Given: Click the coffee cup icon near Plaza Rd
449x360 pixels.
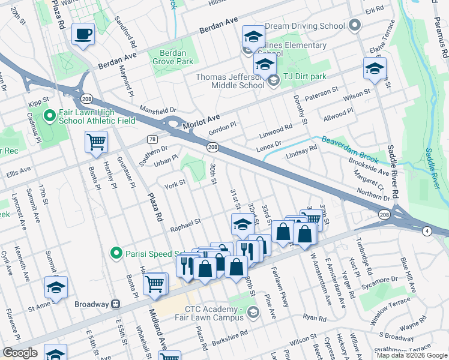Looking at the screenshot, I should click(x=83, y=34).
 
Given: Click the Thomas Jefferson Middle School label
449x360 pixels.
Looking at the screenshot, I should click(x=230, y=81).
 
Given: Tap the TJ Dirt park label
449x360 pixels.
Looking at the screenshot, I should click(x=304, y=77).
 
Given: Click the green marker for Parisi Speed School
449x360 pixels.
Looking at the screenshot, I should click(x=118, y=253).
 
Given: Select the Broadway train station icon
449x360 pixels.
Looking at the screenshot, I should click(x=116, y=304).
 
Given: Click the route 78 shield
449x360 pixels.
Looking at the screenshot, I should click(x=152, y=139).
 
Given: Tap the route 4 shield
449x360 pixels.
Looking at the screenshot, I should click(x=426, y=230).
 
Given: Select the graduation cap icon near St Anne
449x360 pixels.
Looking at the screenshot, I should click(x=56, y=288).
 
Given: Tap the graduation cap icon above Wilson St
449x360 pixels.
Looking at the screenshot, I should click(x=375, y=69).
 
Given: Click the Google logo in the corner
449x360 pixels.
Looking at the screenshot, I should click(x=21, y=353).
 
